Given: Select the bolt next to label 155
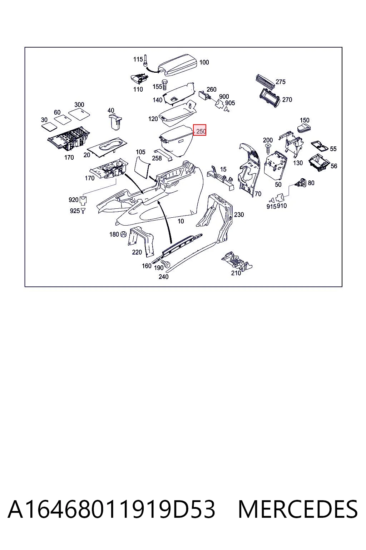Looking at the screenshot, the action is point(165,85).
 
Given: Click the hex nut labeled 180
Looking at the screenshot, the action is point(123,234).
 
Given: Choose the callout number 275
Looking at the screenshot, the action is point(281,82).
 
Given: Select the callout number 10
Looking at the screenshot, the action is point(180,221).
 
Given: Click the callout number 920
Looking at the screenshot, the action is point(74,200).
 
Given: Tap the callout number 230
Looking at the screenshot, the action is point(239,214).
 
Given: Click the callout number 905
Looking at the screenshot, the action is point(230,103).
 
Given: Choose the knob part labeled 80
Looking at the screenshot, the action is point(302,183).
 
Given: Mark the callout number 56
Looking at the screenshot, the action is point(333,166).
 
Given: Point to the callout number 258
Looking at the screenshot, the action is point(157,158).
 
